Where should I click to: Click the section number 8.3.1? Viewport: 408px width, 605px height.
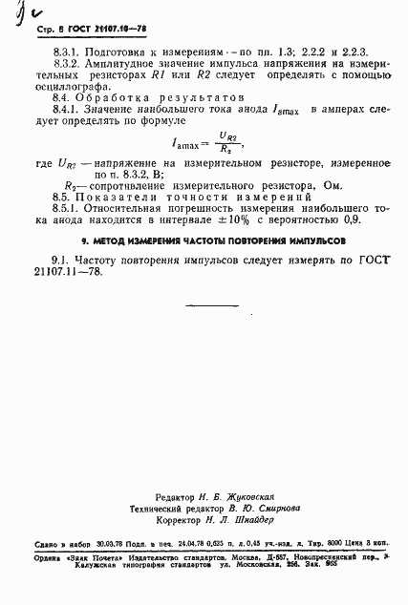pyautogui.click(x=67, y=48)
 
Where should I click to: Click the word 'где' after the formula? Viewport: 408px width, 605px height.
pyautogui.click(x=45, y=166)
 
